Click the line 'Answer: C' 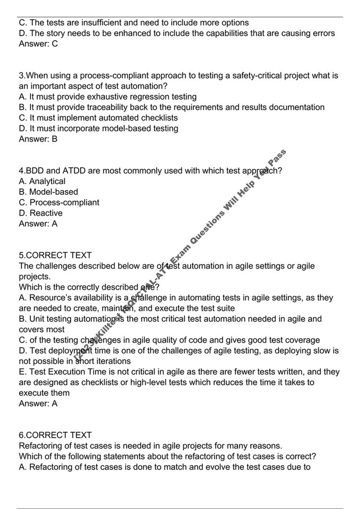pyautogui.click(x=38, y=44)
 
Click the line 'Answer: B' pyautogui.click(x=38, y=139)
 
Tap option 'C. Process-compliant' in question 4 pyautogui.click(x=59, y=203)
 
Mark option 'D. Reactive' pyautogui.click(x=40, y=213)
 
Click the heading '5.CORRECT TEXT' pyautogui.click(x=55, y=255)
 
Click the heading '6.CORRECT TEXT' pyautogui.click(x=55, y=435)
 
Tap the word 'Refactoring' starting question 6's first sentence pyautogui.click(x=42, y=446)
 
